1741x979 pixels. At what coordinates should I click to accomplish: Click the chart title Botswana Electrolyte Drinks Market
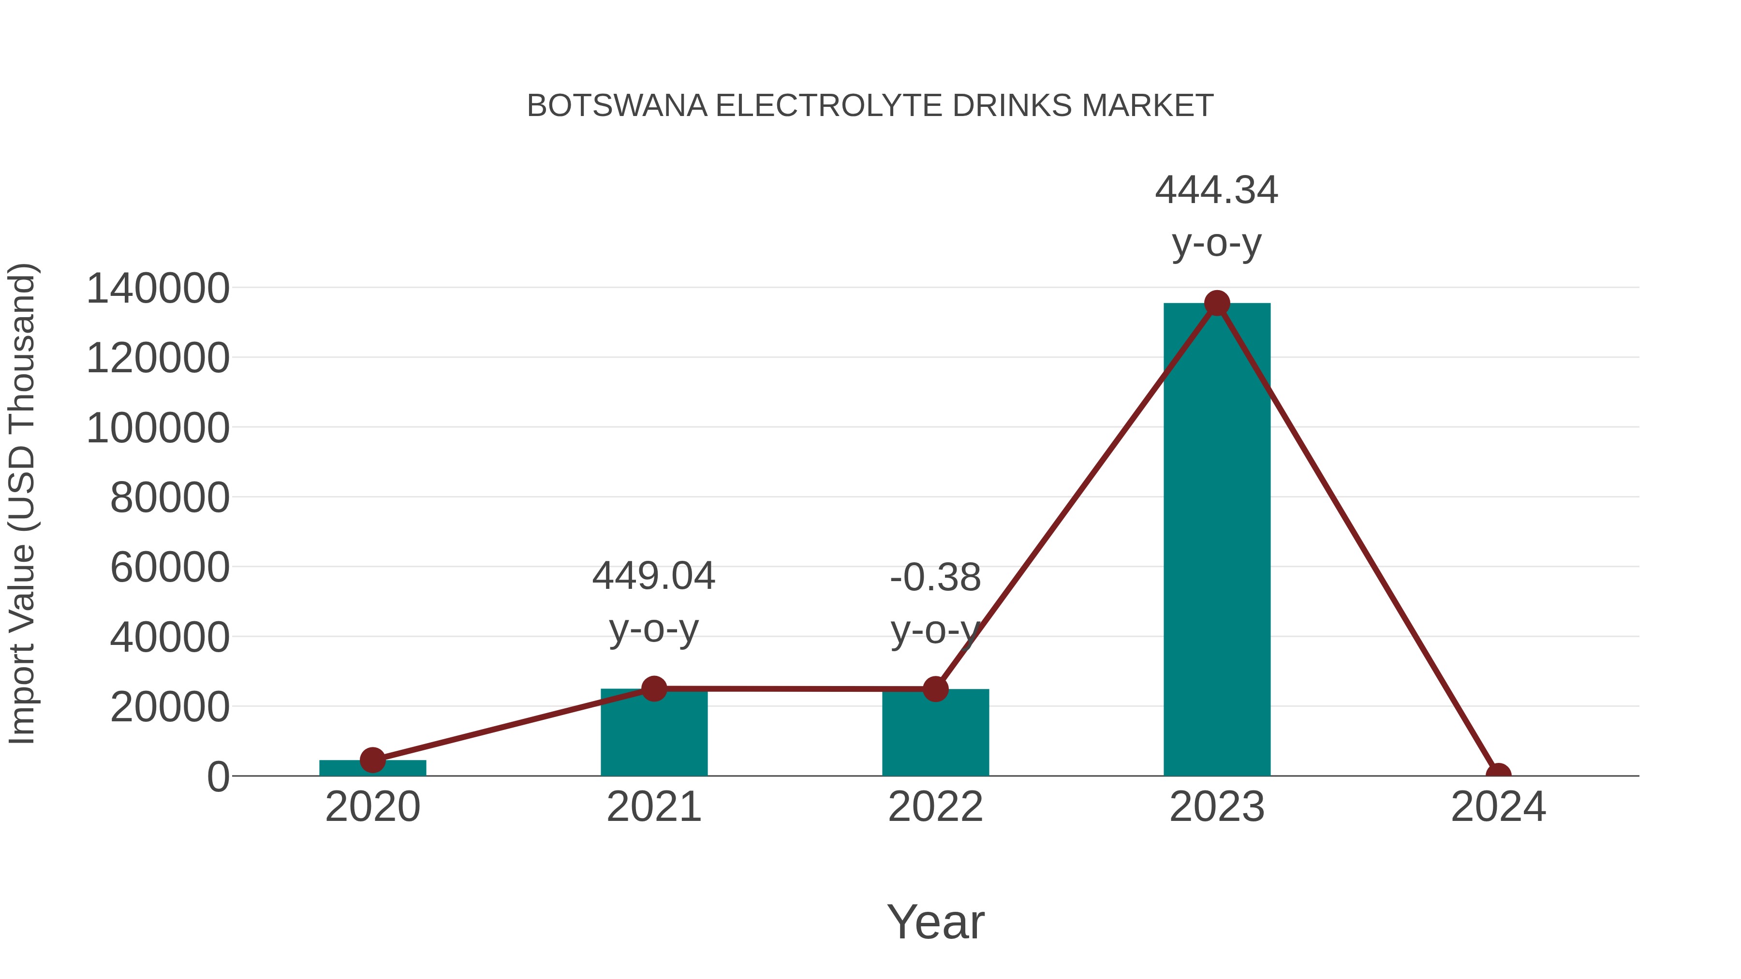pyautogui.click(x=870, y=106)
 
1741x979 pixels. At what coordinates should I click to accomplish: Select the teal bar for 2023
pyautogui.click(x=1217, y=541)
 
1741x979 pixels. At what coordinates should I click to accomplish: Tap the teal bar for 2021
pyautogui.click(x=653, y=736)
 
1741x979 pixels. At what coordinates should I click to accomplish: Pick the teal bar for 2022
pyautogui.click(x=935, y=736)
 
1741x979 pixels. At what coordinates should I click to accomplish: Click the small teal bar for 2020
pyautogui.click(x=372, y=768)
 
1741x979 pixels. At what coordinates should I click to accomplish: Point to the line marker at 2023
pyautogui.click(x=1217, y=303)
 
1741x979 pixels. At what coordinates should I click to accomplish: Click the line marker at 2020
pyautogui.click(x=372, y=760)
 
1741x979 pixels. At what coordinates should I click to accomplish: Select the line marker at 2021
pyautogui.click(x=653, y=688)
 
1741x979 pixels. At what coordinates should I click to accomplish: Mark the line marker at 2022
pyautogui.click(x=935, y=689)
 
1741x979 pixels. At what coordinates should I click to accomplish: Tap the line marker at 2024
pyautogui.click(x=1498, y=774)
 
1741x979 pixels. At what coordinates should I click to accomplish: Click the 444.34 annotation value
pyautogui.click(x=1217, y=190)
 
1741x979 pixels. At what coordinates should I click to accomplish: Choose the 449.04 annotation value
pyautogui.click(x=653, y=576)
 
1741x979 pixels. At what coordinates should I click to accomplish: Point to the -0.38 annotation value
pyautogui.click(x=935, y=578)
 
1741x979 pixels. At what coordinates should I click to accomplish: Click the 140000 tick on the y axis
pyautogui.click(x=158, y=289)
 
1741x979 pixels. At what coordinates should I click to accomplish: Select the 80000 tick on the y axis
pyautogui.click(x=170, y=498)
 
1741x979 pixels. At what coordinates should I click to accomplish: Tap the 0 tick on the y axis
pyautogui.click(x=218, y=777)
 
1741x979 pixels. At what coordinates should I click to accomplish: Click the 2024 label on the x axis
pyautogui.click(x=1498, y=807)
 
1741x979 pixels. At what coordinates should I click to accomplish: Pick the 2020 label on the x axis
pyautogui.click(x=372, y=807)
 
